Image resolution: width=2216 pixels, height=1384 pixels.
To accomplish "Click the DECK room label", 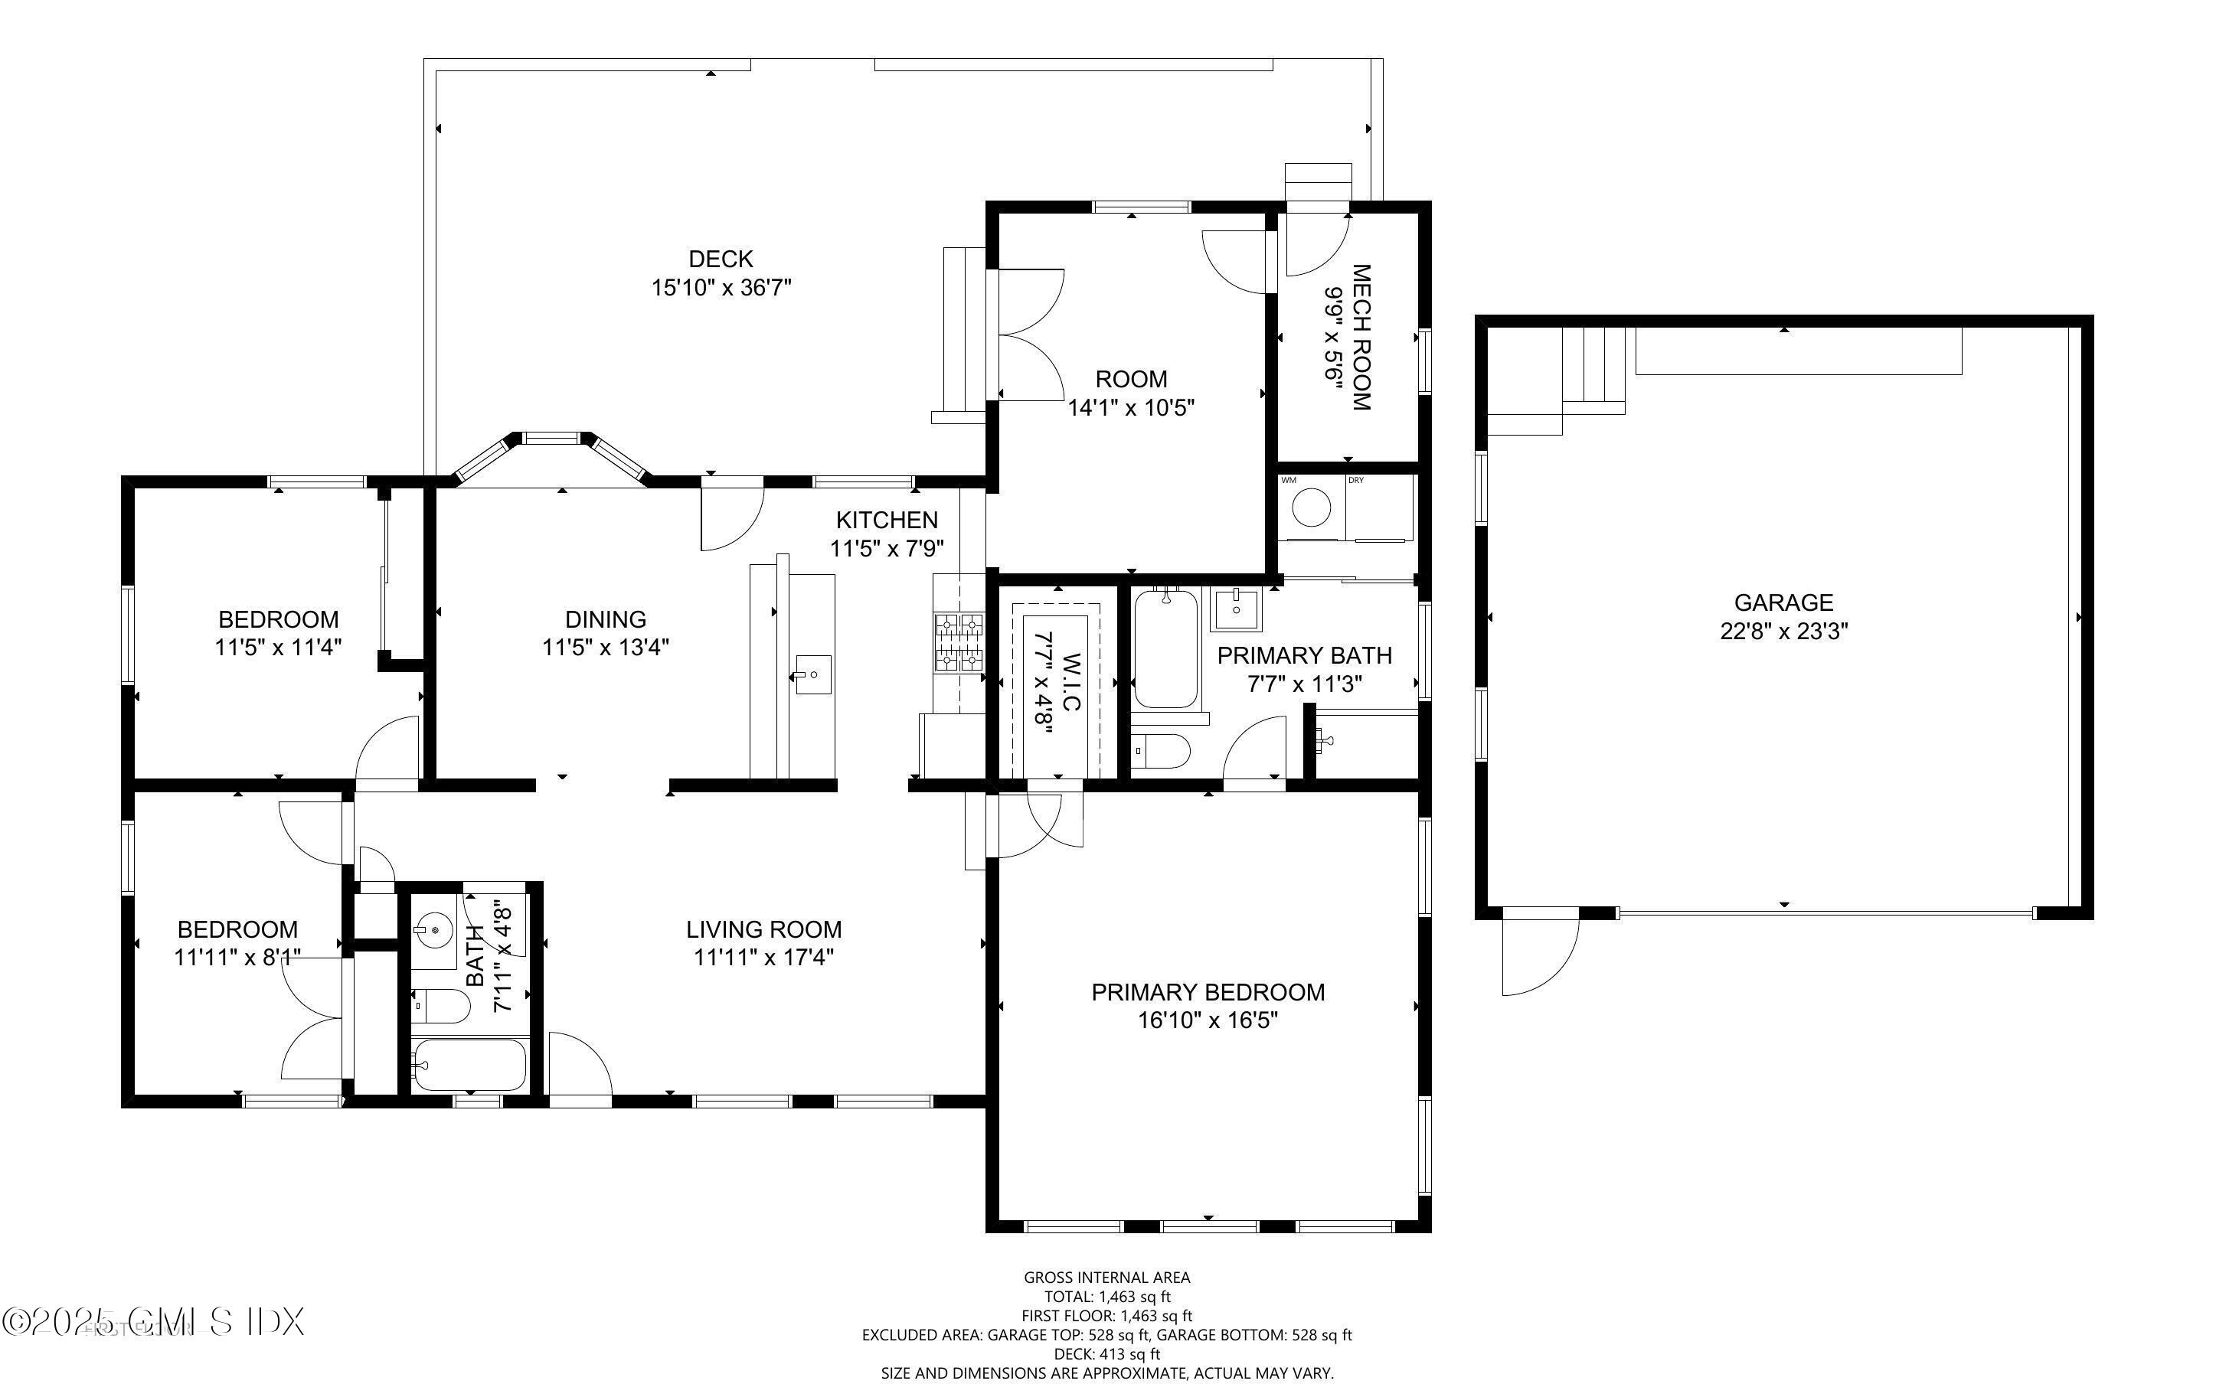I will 721,259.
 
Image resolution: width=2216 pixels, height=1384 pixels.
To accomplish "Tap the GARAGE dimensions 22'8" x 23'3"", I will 1783,631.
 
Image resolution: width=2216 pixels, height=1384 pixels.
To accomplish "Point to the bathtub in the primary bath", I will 1165,649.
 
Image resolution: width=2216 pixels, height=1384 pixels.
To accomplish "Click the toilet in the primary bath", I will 1161,752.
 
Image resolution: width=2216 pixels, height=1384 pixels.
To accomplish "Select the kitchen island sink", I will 812,674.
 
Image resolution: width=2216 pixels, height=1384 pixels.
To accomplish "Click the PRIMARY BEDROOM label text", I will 1208,992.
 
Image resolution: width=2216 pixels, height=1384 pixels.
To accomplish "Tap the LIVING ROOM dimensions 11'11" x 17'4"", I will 763,958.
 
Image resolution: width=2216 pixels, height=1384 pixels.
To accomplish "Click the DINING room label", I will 605,620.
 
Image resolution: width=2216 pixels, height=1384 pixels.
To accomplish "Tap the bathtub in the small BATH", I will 468,1065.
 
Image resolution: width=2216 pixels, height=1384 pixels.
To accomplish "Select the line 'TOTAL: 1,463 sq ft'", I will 1106,1297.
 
